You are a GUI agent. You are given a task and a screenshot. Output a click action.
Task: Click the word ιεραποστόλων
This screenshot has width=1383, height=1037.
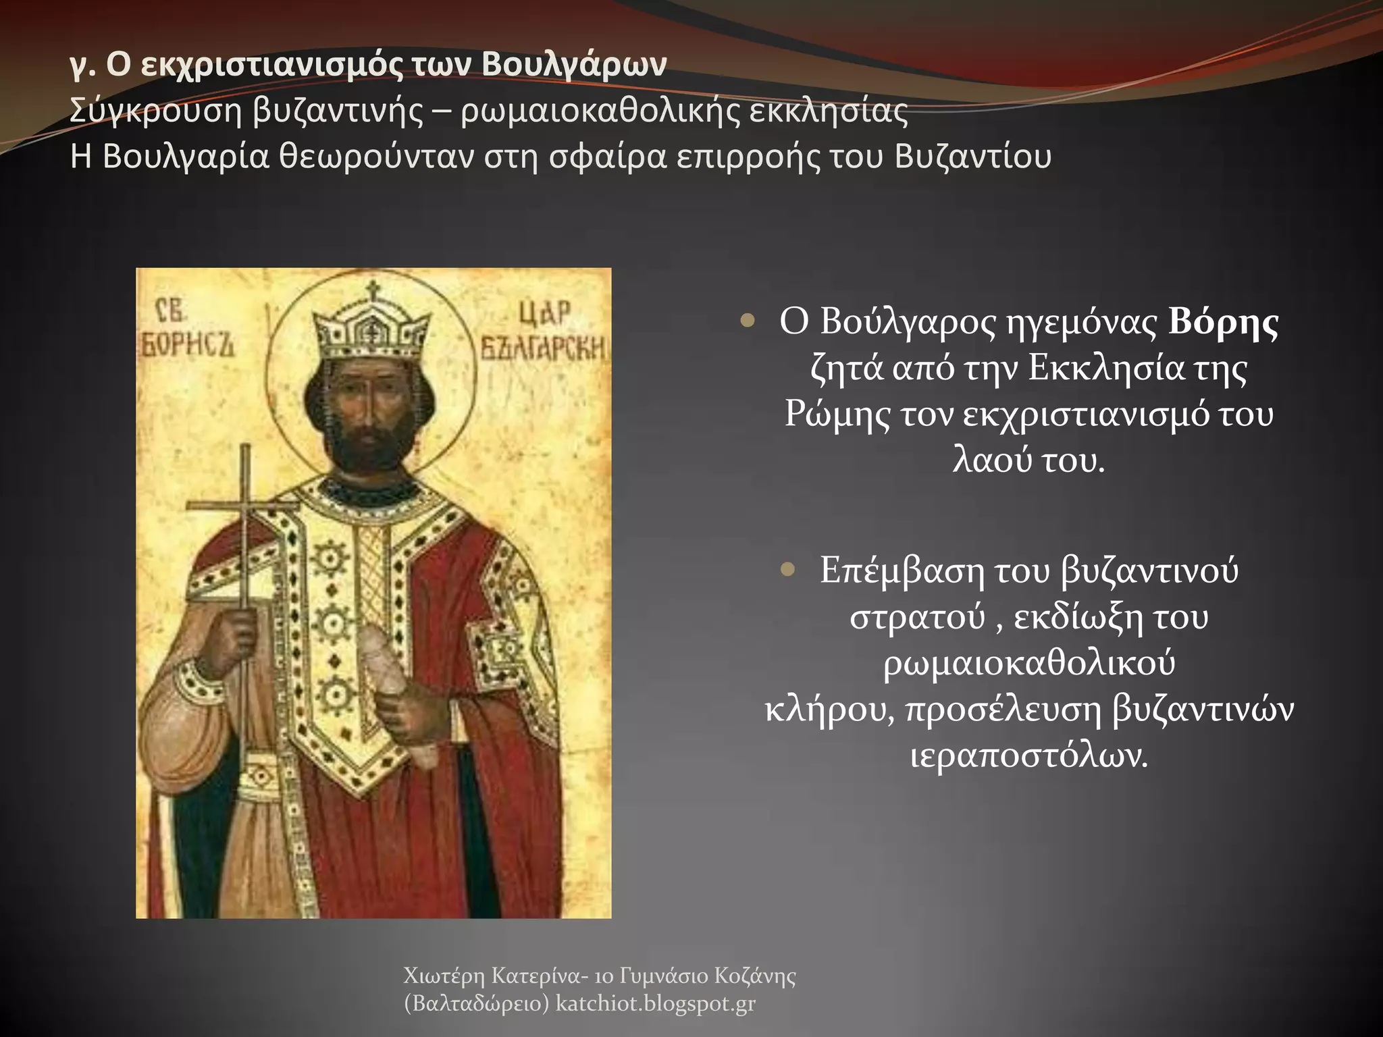(1028, 756)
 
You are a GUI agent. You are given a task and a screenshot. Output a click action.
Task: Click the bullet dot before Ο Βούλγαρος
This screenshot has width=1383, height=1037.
(746, 321)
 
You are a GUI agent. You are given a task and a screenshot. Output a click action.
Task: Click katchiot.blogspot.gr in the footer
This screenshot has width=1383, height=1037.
(655, 1004)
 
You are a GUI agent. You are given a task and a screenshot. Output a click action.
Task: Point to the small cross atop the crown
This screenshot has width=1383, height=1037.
(371, 292)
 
